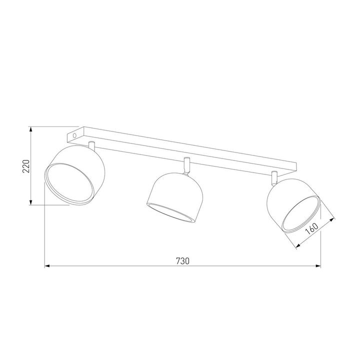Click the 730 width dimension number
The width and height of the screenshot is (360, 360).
[x=182, y=260]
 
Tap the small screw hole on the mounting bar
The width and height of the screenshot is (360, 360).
[x=74, y=135]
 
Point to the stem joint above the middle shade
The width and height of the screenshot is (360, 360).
[x=186, y=164]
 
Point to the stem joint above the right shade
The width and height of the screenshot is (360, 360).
[x=274, y=176]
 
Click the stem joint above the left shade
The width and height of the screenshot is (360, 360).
[x=91, y=145]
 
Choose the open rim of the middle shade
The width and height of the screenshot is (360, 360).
[x=169, y=213]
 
